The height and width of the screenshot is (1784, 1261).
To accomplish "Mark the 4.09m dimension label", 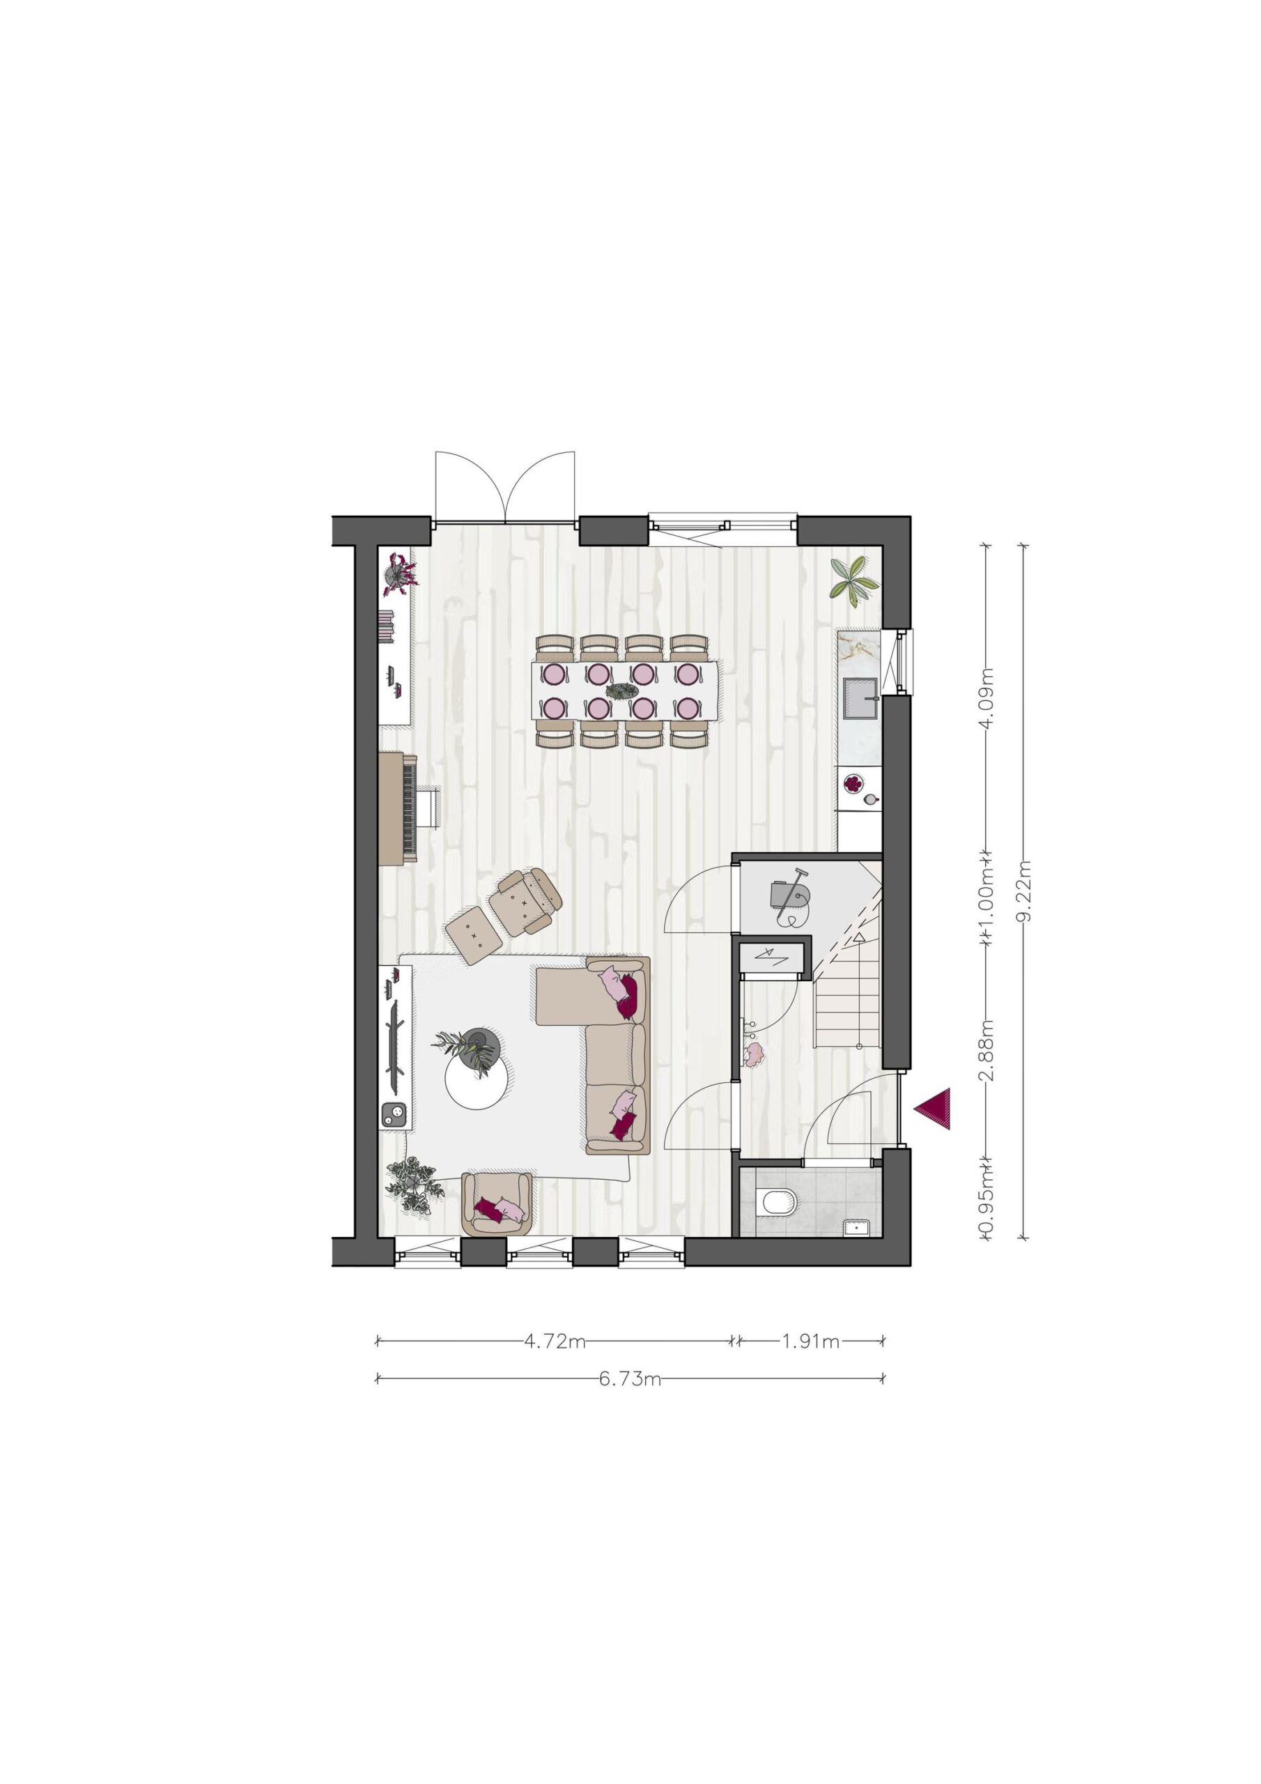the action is tap(987, 698).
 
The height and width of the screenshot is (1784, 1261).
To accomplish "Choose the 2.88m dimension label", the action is tap(987, 1049).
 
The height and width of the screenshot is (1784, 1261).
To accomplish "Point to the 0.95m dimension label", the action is tap(987, 1208).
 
